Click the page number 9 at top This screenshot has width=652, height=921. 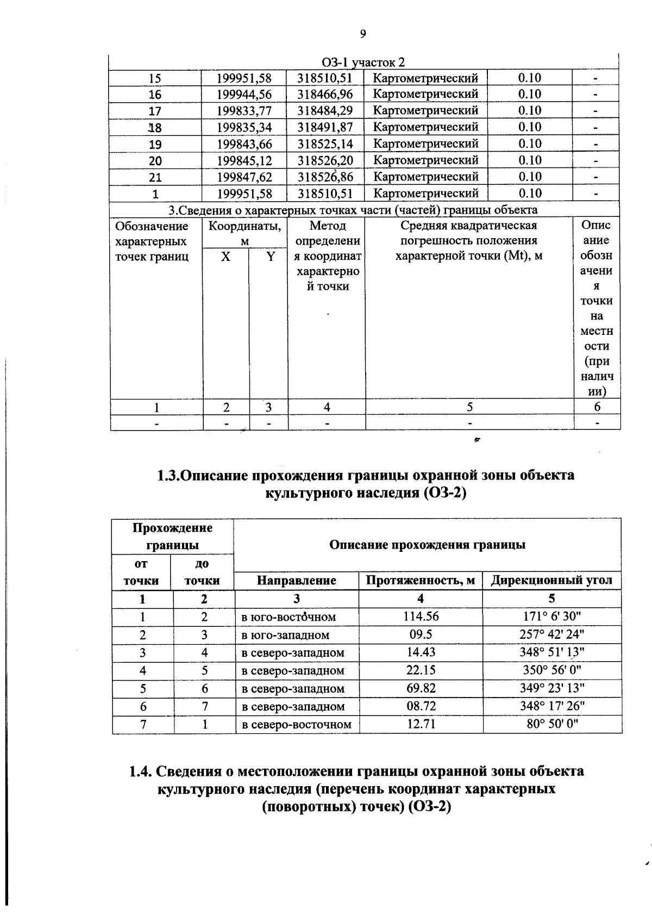363,34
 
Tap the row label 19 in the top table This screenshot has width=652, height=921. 155,144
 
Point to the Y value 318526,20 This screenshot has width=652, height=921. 325,160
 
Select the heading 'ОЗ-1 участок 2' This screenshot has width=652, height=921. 363,63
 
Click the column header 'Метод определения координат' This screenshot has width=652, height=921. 327,256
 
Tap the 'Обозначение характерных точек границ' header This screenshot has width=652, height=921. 152,241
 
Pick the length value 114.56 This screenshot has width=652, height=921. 421,617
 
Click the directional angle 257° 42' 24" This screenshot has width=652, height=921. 551,634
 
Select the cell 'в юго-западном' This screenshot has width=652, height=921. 285,635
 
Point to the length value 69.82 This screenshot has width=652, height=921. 421,688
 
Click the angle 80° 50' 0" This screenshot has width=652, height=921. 551,724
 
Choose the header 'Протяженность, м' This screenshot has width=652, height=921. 421,581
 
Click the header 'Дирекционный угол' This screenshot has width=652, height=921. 551,581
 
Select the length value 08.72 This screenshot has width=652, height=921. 421,706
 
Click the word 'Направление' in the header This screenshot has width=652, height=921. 296,581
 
